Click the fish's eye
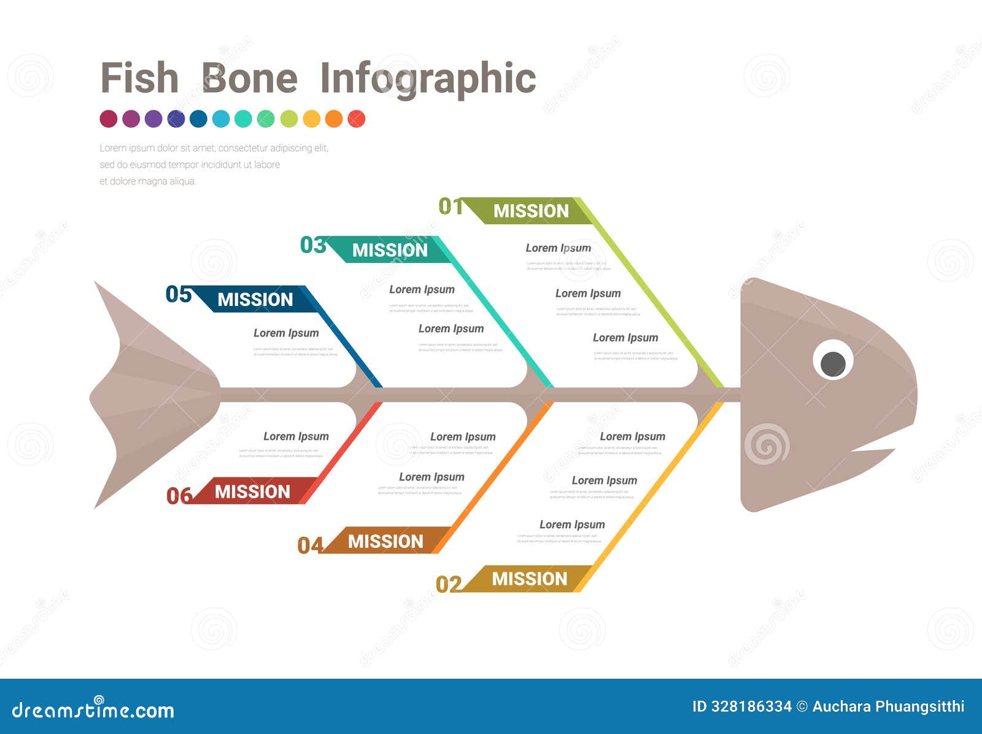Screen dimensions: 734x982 coord(833,362)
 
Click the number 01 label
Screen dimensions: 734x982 coord(450,206)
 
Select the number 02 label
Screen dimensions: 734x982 coord(448,584)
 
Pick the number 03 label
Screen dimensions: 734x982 coord(312,245)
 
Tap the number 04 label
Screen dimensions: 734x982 coord(310,545)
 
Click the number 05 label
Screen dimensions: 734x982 coord(179,294)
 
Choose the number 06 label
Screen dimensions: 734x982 coord(179,496)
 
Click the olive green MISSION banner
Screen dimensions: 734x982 coord(531,211)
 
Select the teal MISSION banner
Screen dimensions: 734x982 coord(390,250)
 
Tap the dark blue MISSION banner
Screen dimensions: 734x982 coord(255,299)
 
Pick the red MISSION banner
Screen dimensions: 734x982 coord(252,492)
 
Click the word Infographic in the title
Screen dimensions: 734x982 coord(428,79)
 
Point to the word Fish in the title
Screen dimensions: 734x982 coord(139,79)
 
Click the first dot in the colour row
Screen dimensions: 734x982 coord(109,119)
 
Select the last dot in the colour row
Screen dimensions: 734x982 coord(357,119)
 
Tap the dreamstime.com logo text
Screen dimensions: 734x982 coord(93,710)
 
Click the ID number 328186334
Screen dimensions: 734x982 coord(751,706)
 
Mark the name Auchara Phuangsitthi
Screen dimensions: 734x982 coord(888,706)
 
